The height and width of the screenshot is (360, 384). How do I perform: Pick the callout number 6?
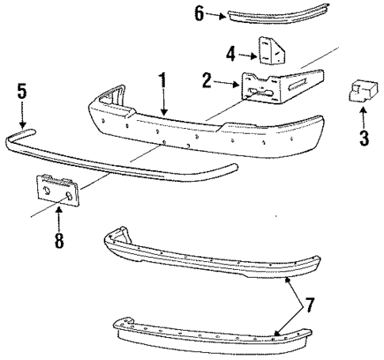[x=200, y=13]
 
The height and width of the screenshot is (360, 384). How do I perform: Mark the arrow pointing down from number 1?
[x=163, y=103]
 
